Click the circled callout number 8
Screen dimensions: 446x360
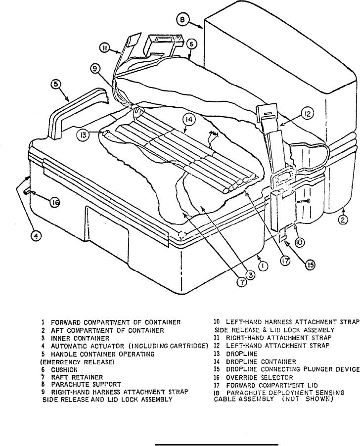184,20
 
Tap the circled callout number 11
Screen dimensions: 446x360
105,48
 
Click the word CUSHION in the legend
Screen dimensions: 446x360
66,369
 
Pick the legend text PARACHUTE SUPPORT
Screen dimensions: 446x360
87,384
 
